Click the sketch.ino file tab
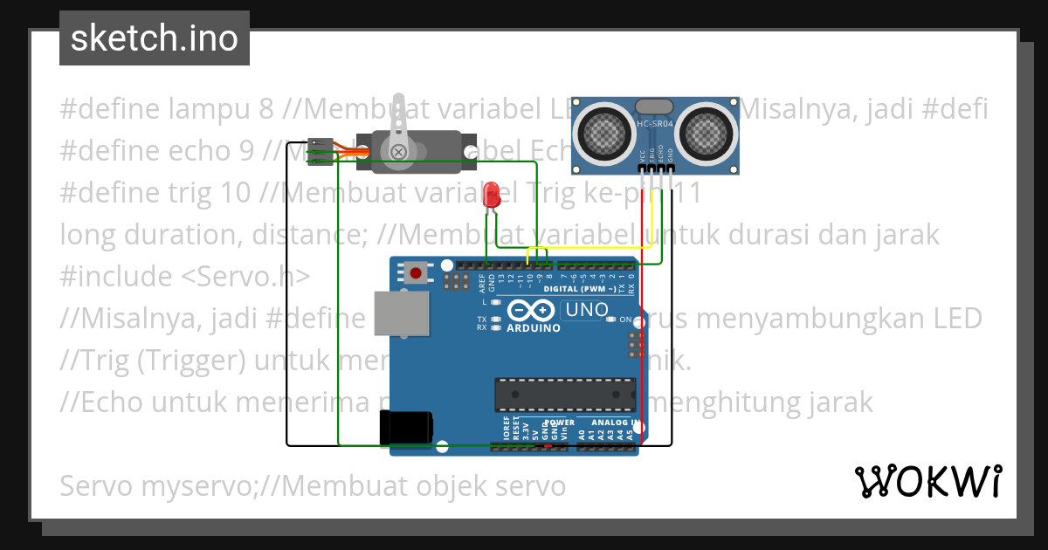pos(154,38)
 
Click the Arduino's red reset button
pos(416,273)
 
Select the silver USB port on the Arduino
pos(402,313)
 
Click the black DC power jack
pos(405,427)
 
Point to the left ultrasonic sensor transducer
pos(603,131)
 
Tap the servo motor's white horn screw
pos(399,153)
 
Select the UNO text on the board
pos(587,309)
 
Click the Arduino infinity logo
pos(530,311)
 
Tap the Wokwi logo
pos(927,480)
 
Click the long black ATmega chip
pos(564,394)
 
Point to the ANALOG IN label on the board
pos(611,423)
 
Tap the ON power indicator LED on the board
pos(611,320)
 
